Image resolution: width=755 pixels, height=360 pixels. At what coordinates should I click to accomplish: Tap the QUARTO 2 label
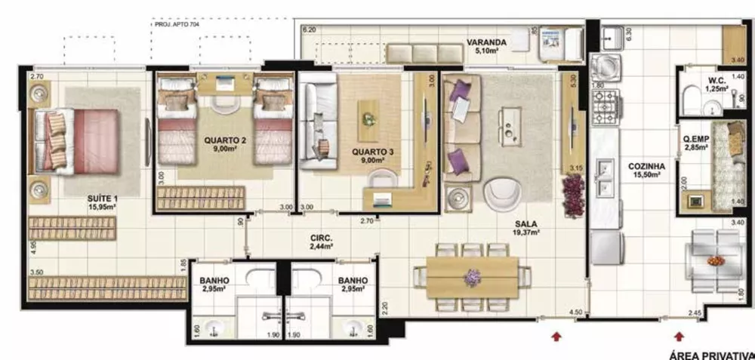[226, 140]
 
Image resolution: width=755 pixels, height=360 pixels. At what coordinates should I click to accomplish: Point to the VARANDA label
[485, 42]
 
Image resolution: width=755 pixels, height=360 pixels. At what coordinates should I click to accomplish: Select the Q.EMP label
[695, 138]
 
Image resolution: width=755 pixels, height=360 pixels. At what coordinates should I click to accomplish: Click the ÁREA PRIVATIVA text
[711, 354]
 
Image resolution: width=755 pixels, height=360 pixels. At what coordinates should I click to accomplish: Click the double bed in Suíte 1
[75, 140]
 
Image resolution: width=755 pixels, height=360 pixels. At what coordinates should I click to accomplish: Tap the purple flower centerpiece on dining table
[473, 277]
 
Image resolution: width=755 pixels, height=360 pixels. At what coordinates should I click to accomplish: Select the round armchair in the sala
[501, 195]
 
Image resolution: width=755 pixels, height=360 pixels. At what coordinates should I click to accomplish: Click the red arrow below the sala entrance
[557, 337]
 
